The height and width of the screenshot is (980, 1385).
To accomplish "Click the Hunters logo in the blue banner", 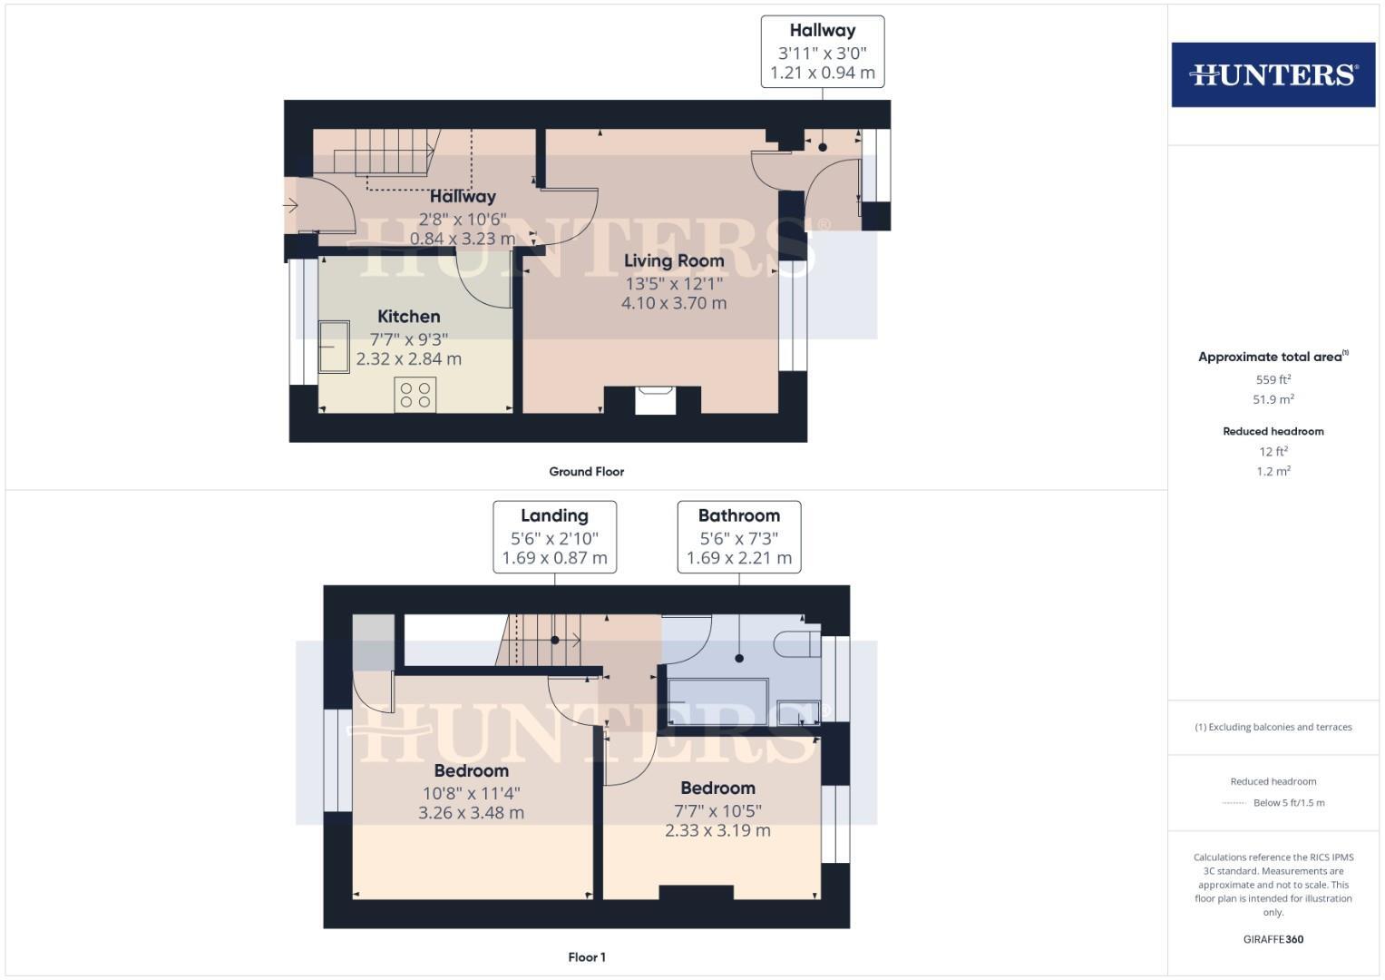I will [1273, 74].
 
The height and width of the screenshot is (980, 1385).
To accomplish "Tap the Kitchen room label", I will [408, 317].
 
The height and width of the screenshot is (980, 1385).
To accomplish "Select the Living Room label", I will [673, 261].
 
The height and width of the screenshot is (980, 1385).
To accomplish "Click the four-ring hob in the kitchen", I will [415, 395].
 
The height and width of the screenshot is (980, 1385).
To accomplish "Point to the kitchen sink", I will [333, 347].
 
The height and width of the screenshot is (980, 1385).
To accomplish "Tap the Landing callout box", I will [554, 536].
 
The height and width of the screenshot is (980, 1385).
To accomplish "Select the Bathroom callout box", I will [738, 536].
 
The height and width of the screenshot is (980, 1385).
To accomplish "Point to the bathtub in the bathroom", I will [717, 701].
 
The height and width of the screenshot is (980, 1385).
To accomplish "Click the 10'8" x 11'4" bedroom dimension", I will [471, 793].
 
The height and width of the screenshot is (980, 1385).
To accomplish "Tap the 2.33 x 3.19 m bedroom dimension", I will [717, 831].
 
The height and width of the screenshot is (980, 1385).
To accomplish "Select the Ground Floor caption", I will [586, 472].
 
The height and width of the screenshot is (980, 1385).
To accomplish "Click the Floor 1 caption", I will [586, 957].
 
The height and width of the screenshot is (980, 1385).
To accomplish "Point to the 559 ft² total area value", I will [1273, 380].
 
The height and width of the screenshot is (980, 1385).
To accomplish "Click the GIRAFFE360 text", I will [1273, 939].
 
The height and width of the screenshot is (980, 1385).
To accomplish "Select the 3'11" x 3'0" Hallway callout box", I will [822, 52].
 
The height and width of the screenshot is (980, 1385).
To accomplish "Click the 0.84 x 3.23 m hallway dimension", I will [463, 239].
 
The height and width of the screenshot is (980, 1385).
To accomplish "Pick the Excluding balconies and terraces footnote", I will [1273, 727].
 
